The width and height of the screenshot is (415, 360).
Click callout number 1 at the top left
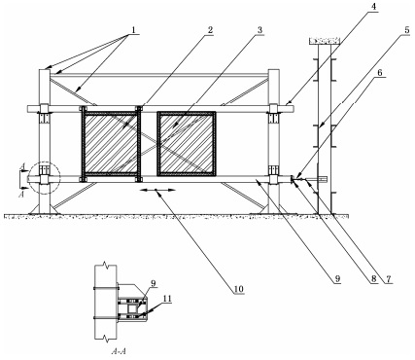pyautogui.click(x=133, y=29)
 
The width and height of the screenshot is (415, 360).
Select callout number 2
pyautogui.click(x=210, y=30)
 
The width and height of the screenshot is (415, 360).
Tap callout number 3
pyautogui.click(x=259, y=30)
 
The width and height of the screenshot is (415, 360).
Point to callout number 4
pyautogui.click(x=374, y=7)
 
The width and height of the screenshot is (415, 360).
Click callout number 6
pyautogui.click(x=380, y=72)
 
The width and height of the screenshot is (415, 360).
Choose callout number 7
pyautogui.click(x=389, y=279)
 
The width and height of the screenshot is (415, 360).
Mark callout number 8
pyautogui.click(x=374, y=279)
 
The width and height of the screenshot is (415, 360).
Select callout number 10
pyautogui.click(x=238, y=288)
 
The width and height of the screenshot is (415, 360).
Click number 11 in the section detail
pyautogui.click(x=167, y=299)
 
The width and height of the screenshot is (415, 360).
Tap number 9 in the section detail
pyautogui.click(x=154, y=283)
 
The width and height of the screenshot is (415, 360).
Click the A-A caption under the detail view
pyautogui.click(x=118, y=351)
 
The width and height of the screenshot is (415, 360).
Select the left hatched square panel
pyautogui.click(x=110, y=143)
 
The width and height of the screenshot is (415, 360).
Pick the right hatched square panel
pyautogui.click(x=187, y=144)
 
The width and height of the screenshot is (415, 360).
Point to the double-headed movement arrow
pyautogui.click(x=157, y=190)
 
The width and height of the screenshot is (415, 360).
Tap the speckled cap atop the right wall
pyautogui.click(x=325, y=41)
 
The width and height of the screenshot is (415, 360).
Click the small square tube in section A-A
pyautogui.click(x=133, y=308)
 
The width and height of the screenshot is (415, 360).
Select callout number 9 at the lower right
pyautogui.click(x=337, y=279)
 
